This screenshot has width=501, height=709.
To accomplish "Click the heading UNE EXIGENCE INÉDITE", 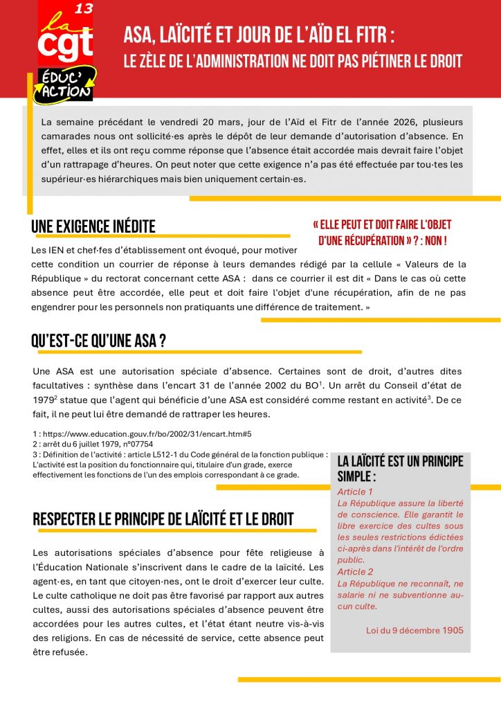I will click(93, 226).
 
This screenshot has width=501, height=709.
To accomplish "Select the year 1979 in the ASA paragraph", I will click(43, 400).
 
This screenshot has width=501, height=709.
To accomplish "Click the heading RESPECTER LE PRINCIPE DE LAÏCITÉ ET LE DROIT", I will click(163, 519).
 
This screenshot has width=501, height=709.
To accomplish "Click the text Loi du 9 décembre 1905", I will click(415, 631).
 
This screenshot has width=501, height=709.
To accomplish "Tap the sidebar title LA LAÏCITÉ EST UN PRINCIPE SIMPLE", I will click(400, 469).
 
